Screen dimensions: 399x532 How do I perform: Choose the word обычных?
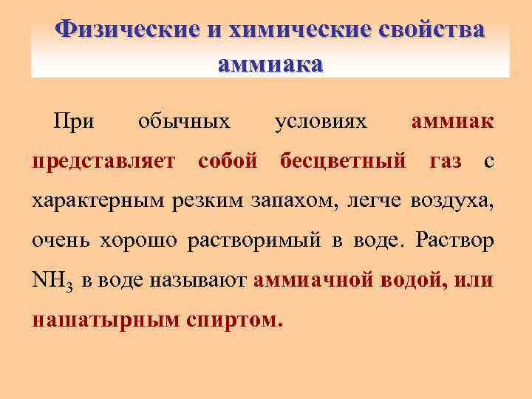(x=184, y=120)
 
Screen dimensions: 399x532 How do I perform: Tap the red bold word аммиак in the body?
(x=453, y=120)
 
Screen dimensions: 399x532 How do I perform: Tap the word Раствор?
(x=456, y=240)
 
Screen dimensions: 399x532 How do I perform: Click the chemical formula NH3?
(x=53, y=282)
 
